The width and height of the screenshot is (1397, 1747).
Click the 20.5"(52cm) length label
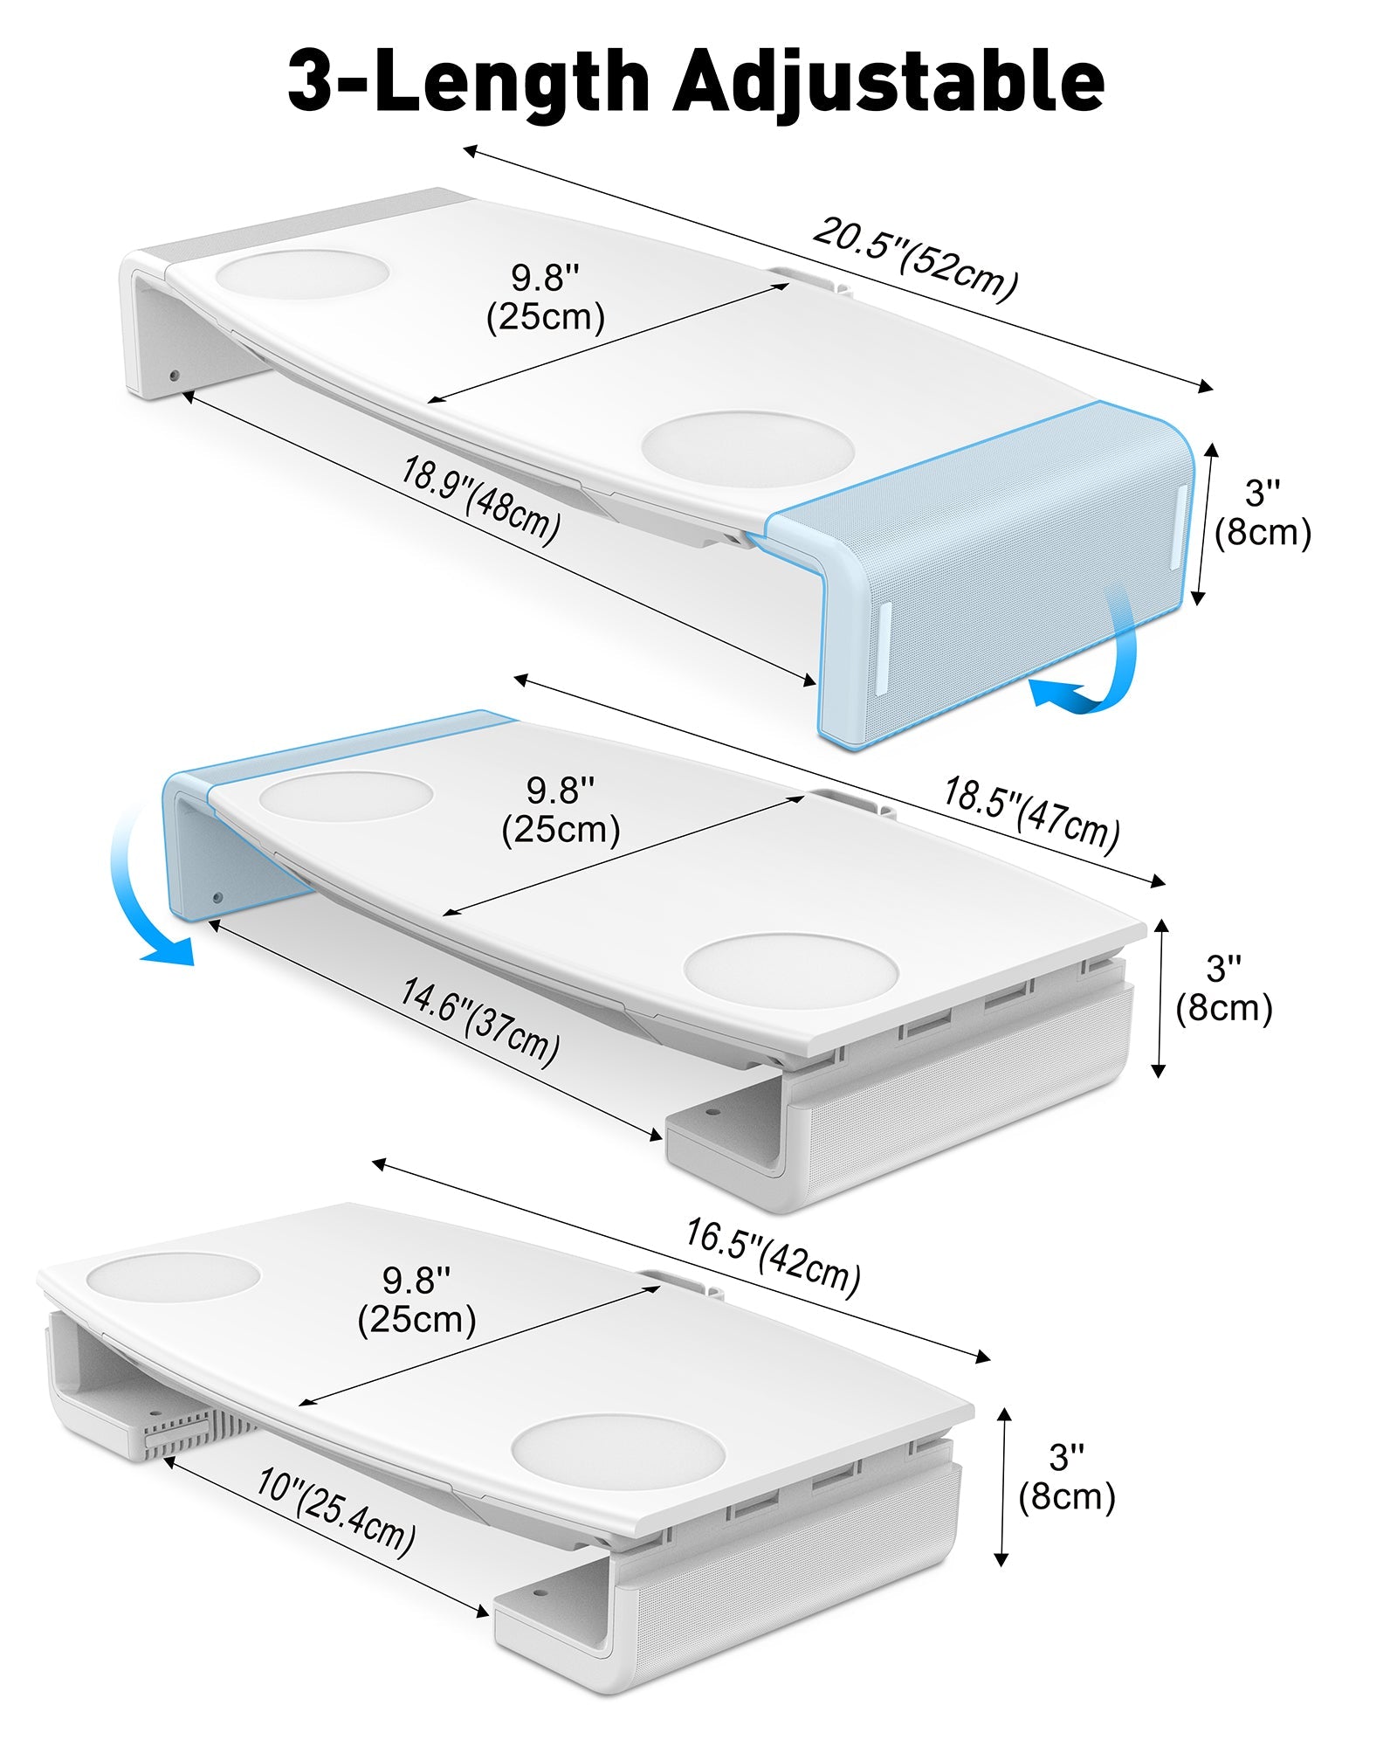click(x=916, y=259)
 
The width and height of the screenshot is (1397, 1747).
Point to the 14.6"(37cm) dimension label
click(x=479, y=1021)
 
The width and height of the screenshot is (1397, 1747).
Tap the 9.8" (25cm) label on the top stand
click(x=546, y=298)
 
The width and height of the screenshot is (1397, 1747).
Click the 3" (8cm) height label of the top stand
click(x=1263, y=513)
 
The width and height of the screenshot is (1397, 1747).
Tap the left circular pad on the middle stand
click(x=346, y=796)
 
